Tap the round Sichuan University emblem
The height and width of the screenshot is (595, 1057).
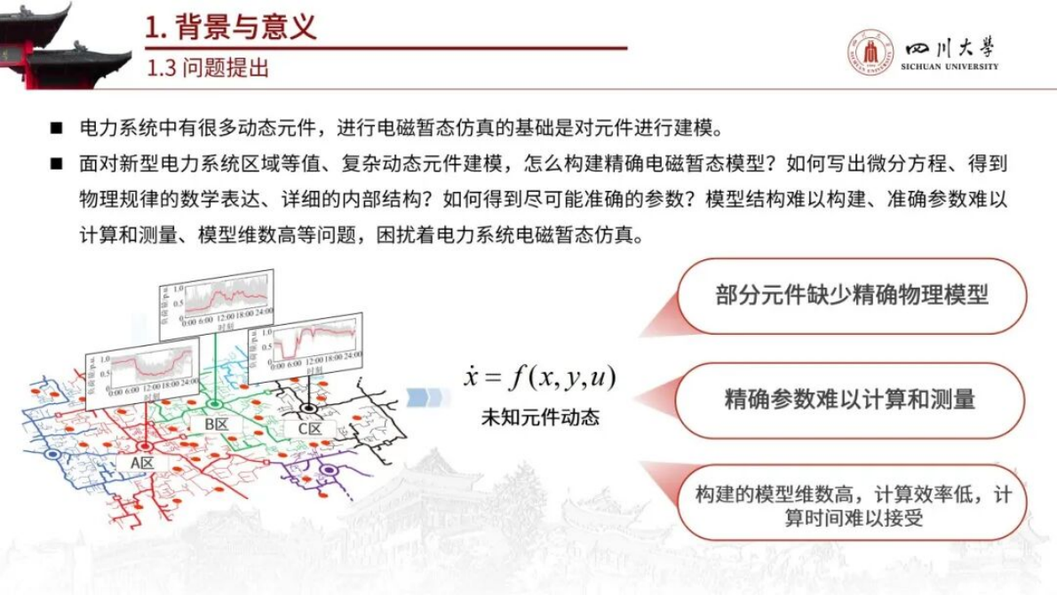870,52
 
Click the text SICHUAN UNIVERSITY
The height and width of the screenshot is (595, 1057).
949,67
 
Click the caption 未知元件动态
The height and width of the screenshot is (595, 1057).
539,416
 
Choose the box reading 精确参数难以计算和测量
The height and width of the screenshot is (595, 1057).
850,399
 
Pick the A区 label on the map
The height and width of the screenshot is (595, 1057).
142,463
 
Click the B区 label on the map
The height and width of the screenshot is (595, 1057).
217,424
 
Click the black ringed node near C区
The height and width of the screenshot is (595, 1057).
308,409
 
